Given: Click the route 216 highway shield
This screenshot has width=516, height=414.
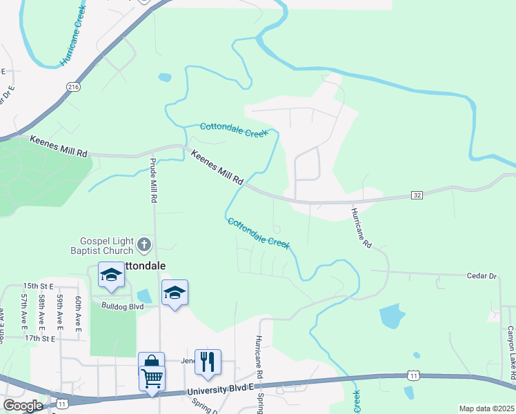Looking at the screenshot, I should point(73,86).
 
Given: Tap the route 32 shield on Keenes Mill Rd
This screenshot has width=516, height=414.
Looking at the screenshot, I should point(417,196).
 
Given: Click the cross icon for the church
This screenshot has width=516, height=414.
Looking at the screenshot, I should point(144,244).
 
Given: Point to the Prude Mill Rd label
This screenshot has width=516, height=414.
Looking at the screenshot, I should point(152,181).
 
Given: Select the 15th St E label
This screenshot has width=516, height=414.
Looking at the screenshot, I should point(38,285).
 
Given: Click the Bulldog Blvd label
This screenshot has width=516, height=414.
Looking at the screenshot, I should point(122,306).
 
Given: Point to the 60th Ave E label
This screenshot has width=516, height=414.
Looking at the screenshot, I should point(79,310).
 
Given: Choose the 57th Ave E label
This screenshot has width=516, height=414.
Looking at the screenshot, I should point(23,310).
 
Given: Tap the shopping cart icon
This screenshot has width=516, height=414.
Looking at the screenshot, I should point(151,377).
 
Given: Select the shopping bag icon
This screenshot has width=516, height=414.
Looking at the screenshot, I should point(151,362).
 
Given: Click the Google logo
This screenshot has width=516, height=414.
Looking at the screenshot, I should point(23,406).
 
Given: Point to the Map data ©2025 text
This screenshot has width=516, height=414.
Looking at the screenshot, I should point(487,408).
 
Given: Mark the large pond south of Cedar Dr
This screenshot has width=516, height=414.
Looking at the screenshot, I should point(393,316).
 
